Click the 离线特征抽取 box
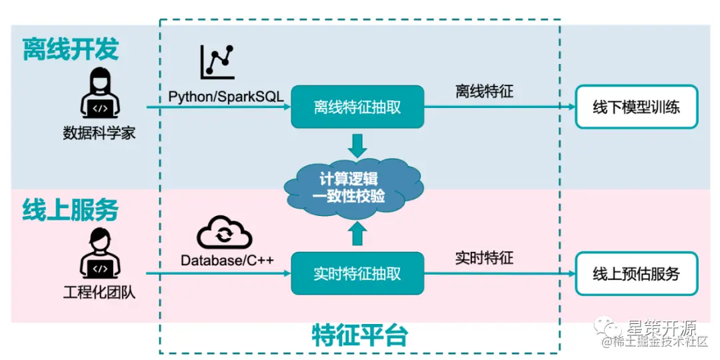(x=357, y=107)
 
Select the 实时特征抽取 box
(x=357, y=273)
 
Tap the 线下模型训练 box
(x=636, y=107)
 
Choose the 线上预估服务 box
(x=636, y=273)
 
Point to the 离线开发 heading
(x=71, y=49)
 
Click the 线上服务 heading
(x=71, y=209)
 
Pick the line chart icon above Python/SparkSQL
(x=217, y=62)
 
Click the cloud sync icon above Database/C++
(x=225, y=233)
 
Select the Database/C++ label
(x=226, y=260)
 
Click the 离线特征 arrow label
(x=485, y=92)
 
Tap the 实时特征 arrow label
(x=485, y=257)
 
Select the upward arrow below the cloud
(x=358, y=233)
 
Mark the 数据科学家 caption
(x=99, y=133)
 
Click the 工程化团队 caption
(x=99, y=291)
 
